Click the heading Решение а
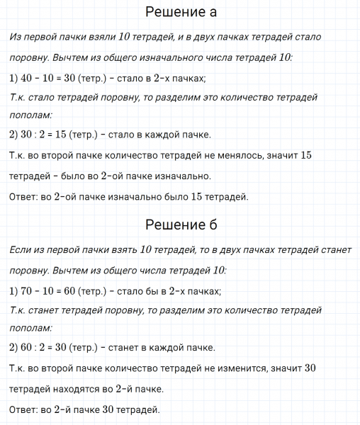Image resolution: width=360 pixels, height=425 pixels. [x=180, y=12]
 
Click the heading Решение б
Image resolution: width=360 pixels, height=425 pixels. [x=180, y=225]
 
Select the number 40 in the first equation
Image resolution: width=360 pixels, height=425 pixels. [x=29, y=78]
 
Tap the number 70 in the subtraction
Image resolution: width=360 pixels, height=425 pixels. [x=29, y=290]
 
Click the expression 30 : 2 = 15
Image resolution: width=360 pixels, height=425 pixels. [x=49, y=135]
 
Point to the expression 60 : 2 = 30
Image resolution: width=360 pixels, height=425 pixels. [x=49, y=347]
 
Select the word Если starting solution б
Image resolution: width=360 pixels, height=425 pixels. [x=23, y=251]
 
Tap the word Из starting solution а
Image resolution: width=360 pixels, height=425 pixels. [x=17, y=38]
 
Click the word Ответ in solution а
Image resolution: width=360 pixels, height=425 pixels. [x=26, y=197]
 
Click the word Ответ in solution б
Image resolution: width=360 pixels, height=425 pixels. [x=26, y=409]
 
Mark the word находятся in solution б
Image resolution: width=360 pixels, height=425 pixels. [x=80, y=389]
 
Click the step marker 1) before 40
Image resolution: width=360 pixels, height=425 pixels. [x=14, y=78]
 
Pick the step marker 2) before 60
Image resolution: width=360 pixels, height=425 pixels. [x=14, y=347]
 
